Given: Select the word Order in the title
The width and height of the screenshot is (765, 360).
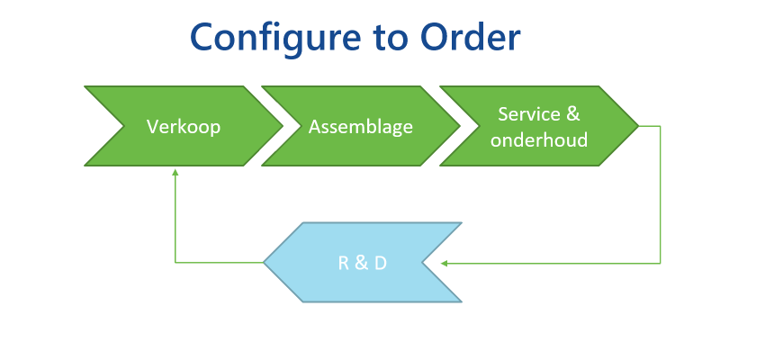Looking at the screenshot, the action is (x=471, y=39).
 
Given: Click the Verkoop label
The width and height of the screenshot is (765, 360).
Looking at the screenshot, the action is (x=184, y=127).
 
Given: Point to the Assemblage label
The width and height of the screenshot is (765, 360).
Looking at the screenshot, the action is (x=361, y=127).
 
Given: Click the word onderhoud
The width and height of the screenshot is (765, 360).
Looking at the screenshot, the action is (x=539, y=140).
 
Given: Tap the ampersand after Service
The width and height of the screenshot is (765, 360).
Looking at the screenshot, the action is (x=572, y=114).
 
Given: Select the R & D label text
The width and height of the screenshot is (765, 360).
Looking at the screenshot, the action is (x=363, y=264).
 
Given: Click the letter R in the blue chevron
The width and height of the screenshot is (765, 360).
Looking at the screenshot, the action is (x=344, y=264).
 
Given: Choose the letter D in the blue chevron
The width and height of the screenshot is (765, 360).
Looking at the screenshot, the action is (x=381, y=264).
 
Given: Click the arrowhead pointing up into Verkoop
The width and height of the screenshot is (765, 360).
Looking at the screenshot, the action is (x=175, y=172).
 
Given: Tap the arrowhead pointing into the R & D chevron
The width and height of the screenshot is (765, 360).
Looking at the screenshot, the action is (x=444, y=264).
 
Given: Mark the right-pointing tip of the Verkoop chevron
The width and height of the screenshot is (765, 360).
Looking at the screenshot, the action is (x=283, y=126).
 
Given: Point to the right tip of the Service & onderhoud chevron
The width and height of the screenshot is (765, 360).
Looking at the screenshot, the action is (x=639, y=126).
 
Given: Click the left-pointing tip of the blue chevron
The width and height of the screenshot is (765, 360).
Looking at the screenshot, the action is (x=264, y=263).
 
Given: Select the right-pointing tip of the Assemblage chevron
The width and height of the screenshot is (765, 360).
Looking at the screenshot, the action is (x=460, y=126).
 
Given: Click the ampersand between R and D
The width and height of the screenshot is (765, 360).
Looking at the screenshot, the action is (x=362, y=264).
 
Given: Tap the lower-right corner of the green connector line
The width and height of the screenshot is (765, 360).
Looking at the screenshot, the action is (x=660, y=264).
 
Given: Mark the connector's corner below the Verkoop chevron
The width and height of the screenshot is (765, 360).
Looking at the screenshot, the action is (x=175, y=263).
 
